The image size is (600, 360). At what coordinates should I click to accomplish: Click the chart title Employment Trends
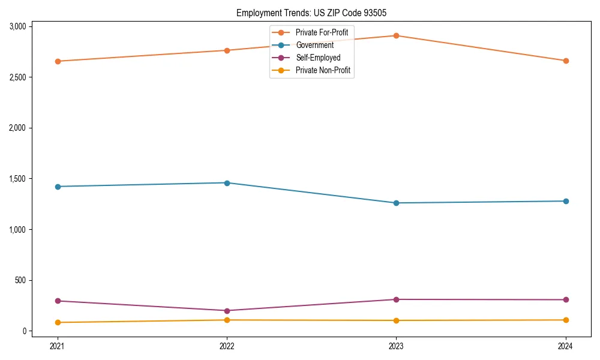(x=316, y=13)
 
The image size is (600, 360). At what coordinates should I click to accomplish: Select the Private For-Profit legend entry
(x=321, y=32)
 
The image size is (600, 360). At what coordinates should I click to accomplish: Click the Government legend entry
(x=314, y=45)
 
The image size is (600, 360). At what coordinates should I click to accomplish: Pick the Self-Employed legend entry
(x=317, y=58)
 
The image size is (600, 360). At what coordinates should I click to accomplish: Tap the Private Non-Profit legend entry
(x=323, y=71)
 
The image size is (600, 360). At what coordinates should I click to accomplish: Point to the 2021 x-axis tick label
(x=58, y=346)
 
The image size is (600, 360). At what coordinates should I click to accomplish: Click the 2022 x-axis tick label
(x=227, y=346)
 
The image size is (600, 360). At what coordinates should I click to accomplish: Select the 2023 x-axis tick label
(x=396, y=346)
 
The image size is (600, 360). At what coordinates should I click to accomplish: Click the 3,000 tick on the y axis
(x=17, y=26)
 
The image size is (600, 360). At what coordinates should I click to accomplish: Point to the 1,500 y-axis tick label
(x=17, y=179)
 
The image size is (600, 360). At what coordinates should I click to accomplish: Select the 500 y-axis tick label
(x=21, y=280)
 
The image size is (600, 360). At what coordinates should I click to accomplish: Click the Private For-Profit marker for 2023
(x=396, y=35)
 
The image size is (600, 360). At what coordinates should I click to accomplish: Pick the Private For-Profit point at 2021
(x=58, y=61)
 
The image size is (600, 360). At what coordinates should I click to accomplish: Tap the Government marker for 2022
(x=227, y=183)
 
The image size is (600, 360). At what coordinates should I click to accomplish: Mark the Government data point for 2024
(x=566, y=201)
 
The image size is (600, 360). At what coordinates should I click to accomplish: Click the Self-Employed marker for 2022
(x=227, y=311)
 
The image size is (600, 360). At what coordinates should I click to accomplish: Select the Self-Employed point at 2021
(x=58, y=301)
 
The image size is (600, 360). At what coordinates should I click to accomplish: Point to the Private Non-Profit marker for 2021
(x=58, y=322)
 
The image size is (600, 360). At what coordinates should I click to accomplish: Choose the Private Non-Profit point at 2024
(x=566, y=320)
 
